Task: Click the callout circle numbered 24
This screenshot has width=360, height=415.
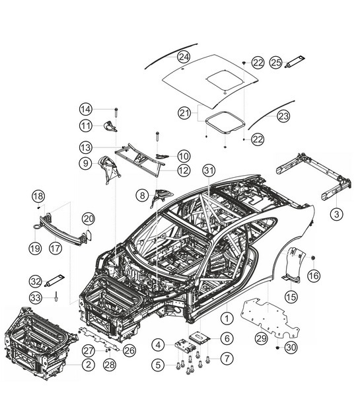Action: (183, 57)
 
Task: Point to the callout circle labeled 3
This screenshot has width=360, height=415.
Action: (336, 213)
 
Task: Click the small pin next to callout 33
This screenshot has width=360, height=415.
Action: (57, 297)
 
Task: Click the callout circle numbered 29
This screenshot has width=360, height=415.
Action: (261, 338)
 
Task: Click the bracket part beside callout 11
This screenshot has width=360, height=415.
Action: (109, 126)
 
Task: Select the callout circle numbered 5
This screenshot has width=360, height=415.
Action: (158, 362)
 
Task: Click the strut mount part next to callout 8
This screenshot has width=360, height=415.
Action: (161, 194)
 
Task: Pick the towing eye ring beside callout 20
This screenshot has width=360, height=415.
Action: (87, 232)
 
